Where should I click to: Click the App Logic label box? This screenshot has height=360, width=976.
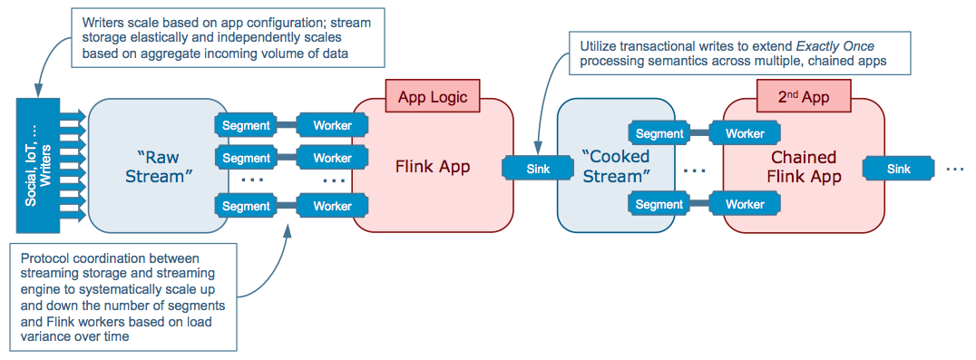434,97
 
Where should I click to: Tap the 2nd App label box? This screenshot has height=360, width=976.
805,97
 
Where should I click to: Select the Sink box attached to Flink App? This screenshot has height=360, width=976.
538,168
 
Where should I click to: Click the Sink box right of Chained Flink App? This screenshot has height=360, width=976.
898,168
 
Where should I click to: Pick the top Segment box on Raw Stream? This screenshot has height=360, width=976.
247,126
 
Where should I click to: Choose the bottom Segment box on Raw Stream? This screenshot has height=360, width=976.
247,205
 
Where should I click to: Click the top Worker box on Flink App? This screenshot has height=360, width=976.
332,126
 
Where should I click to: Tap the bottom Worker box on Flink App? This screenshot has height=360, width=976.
332,205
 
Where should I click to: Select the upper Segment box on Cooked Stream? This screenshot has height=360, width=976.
659,133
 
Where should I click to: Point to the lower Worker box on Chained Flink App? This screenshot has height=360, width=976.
745,203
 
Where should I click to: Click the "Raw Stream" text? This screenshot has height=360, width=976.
157,167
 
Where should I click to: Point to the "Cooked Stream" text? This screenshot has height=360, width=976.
615,166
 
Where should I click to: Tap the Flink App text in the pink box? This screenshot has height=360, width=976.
434,167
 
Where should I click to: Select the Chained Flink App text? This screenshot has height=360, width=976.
805,167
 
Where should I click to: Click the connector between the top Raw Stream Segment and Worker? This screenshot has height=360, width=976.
288,126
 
